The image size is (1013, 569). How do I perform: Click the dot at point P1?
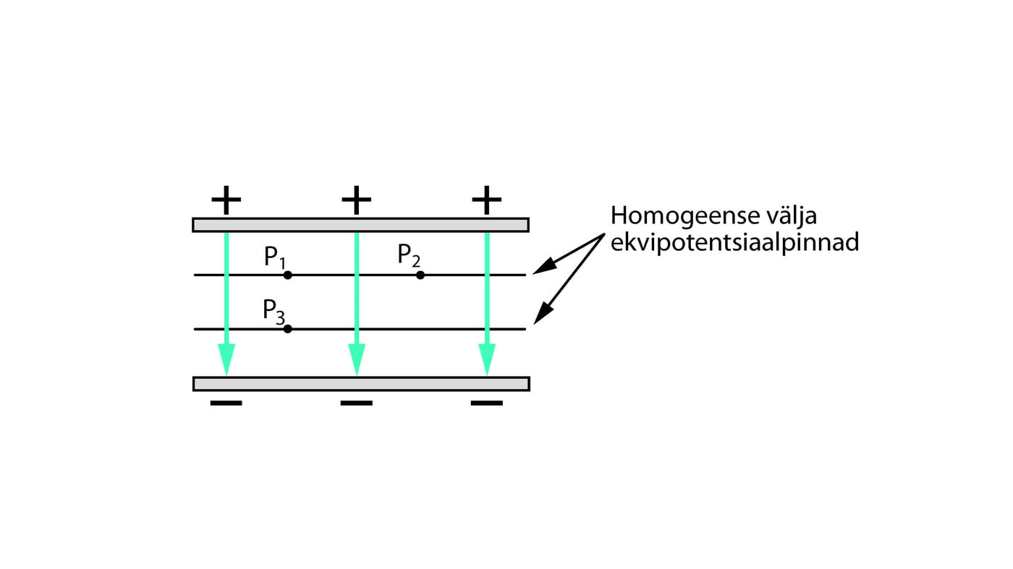[287, 275]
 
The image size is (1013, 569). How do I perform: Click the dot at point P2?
[420, 275]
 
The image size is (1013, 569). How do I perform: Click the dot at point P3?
[287, 329]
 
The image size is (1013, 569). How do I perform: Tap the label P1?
[274, 257]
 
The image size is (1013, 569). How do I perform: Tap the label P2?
[409, 255]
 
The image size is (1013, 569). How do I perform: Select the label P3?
[274, 311]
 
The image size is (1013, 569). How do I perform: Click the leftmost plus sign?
[226, 200]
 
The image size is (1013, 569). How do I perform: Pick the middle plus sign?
[356, 200]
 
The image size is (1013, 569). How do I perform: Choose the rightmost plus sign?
[486, 200]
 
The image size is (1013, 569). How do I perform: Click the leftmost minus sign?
[226, 403]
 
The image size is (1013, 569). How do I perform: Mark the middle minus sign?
[356, 403]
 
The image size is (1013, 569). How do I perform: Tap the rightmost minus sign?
[486, 403]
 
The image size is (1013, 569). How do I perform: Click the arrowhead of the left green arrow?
[226, 359]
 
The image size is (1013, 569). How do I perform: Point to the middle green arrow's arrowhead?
[357, 359]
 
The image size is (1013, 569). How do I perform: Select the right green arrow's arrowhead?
[487, 359]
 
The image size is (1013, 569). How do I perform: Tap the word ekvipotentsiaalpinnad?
[734, 242]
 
